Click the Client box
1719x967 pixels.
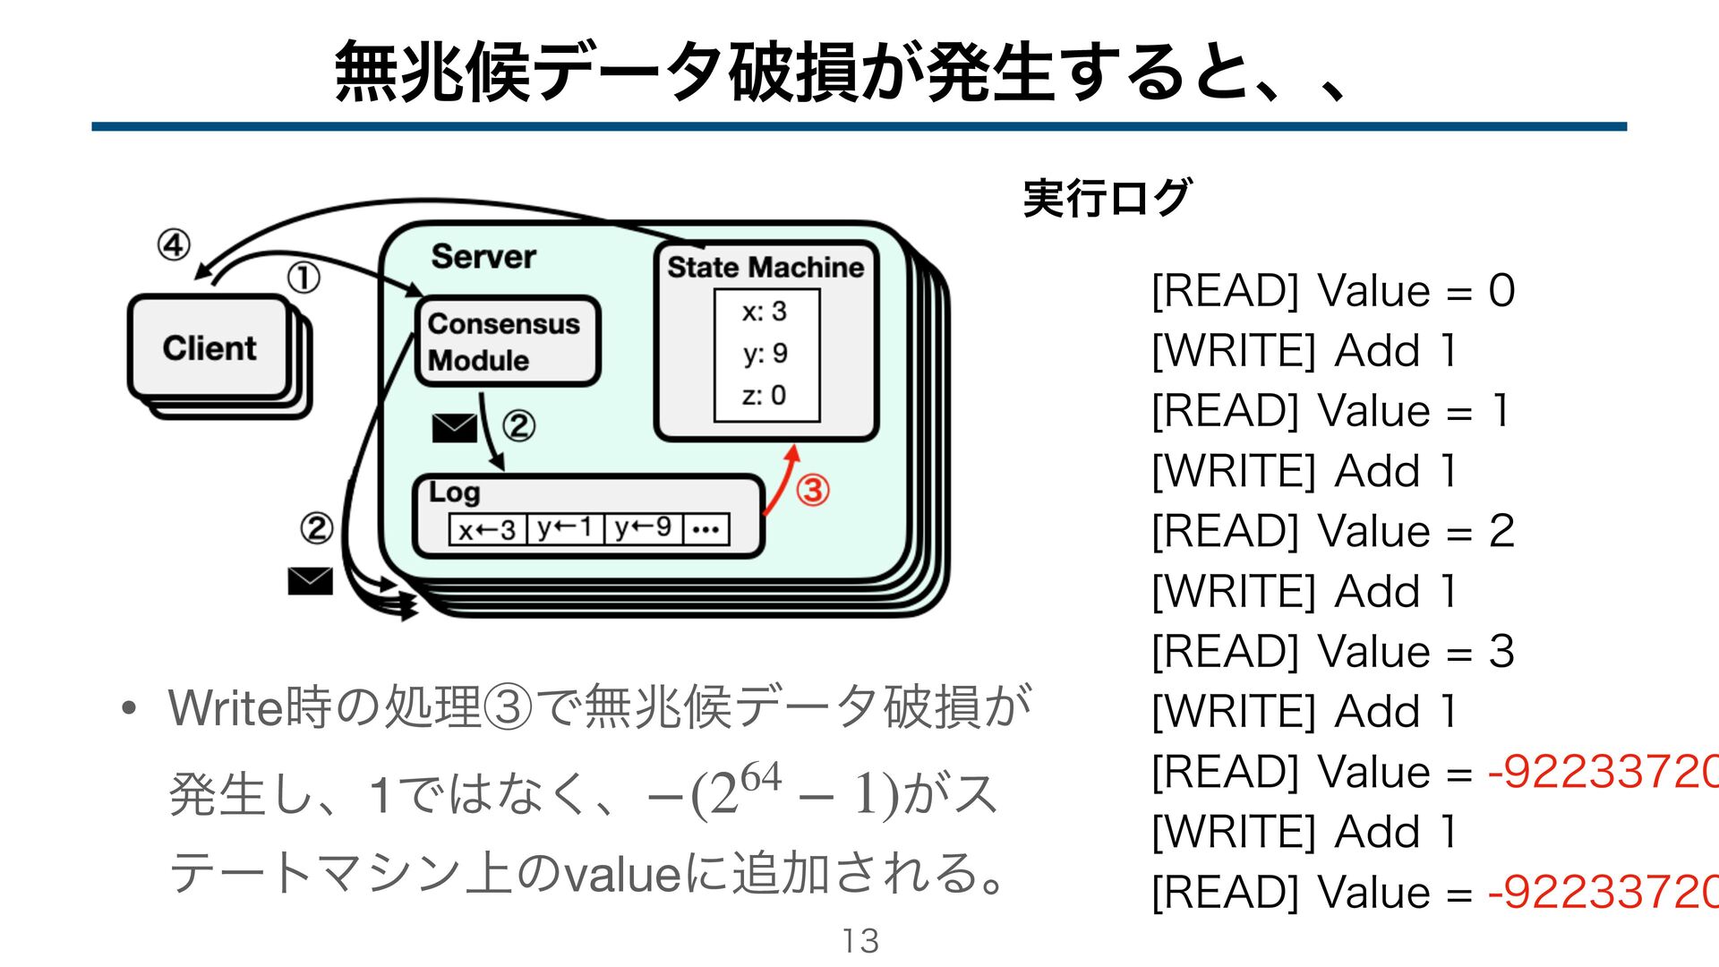click(x=210, y=347)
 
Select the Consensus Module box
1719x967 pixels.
click(x=506, y=341)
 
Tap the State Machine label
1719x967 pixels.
click(x=765, y=267)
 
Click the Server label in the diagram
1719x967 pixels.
click(x=483, y=257)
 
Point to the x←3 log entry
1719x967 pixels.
click(x=487, y=530)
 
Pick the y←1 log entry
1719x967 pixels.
click(x=565, y=528)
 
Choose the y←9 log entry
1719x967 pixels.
click(x=643, y=528)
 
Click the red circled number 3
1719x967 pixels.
click(x=813, y=490)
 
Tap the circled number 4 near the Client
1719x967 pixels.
click(x=174, y=244)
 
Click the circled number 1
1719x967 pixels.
click(x=304, y=278)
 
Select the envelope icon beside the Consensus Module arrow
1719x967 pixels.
click(x=454, y=428)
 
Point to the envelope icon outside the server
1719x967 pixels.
click(x=310, y=581)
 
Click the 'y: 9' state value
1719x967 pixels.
click(x=765, y=354)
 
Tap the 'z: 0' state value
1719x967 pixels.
click(x=764, y=395)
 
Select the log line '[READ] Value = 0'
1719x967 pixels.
click(x=1332, y=291)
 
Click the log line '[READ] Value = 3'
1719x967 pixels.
click(x=1332, y=652)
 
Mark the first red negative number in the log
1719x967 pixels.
click(x=1603, y=772)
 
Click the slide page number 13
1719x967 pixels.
click(x=859, y=941)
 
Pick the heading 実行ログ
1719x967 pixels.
click(x=1108, y=198)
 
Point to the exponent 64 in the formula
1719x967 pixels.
click(x=761, y=775)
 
